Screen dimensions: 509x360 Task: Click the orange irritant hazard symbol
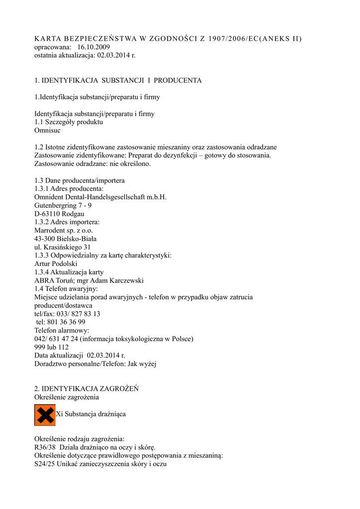tap(45, 415)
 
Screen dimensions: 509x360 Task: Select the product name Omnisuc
tap(48, 130)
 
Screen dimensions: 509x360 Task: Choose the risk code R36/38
tap(46, 447)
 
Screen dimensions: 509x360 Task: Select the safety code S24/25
tap(45, 464)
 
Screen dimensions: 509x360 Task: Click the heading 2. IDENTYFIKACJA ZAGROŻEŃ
tap(87, 389)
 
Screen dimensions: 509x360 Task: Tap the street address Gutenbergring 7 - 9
tap(63, 205)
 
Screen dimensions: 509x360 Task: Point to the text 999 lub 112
tap(52, 347)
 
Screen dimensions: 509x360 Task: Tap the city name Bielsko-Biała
tap(75, 239)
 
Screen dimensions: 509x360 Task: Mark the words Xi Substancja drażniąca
tap(90, 414)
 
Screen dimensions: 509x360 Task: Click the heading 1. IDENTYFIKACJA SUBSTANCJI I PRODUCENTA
tap(118, 80)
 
